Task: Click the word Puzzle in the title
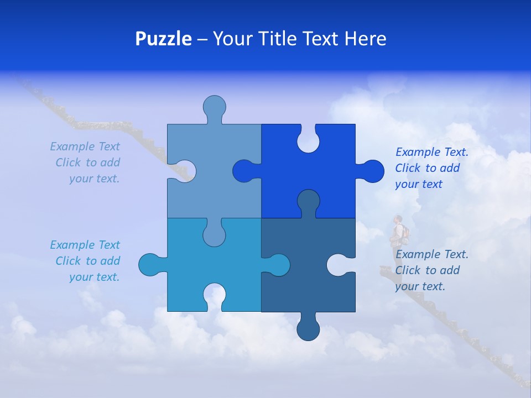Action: tap(163, 39)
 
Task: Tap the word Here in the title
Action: tap(365, 39)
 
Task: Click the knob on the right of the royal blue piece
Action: tap(371, 171)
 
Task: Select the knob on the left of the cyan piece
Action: tap(150, 264)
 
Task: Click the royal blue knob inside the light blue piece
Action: tap(244, 171)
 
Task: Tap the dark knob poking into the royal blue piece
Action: tap(308, 201)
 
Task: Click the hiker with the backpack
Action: tap(398, 232)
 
